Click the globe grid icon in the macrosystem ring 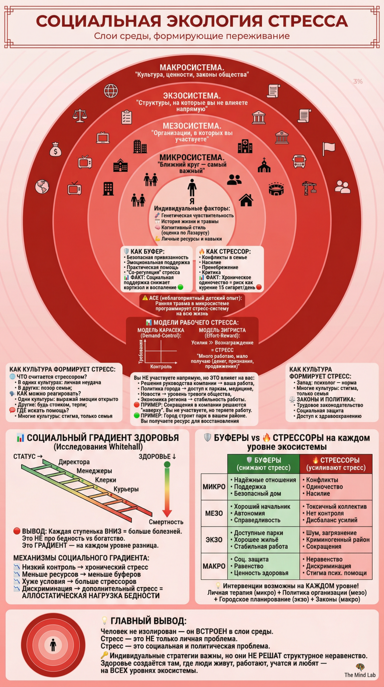(x=111, y=91)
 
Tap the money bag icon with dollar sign (x=55, y=149)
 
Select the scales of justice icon (x=80, y=116)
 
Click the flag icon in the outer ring (x=328, y=149)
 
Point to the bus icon (x=299, y=161)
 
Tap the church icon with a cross (x=264, y=165)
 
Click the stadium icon (x=276, y=189)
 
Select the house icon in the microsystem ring (x=246, y=200)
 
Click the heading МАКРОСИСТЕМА (x=192, y=67)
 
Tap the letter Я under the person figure (x=192, y=201)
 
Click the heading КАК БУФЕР (x=147, y=251)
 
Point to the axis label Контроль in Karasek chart (x=161, y=367)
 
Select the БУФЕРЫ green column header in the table (x=263, y=464)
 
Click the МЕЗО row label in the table (x=214, y=513)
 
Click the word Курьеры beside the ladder (x=126, y=489)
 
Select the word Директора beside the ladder (x=74, y=462)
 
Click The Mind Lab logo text (x=360, y=675)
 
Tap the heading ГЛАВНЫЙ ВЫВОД (x=148, y=621)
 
